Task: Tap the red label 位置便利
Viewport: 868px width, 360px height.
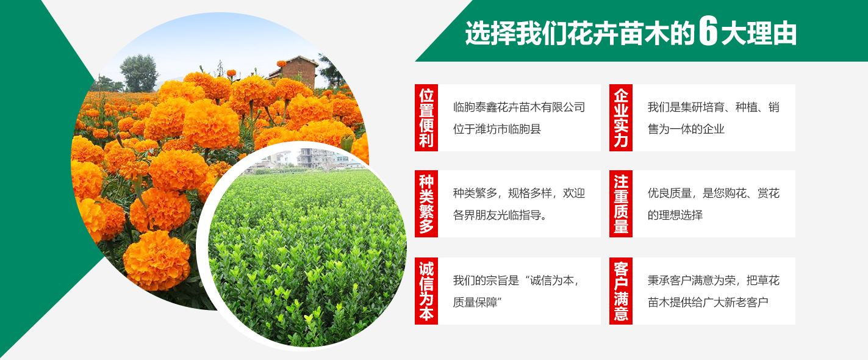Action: pos(426,117)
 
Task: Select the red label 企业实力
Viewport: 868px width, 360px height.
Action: pos(621,117)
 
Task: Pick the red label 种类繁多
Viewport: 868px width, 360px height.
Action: pos(426,203)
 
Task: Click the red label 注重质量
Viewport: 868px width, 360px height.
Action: pos(621,203)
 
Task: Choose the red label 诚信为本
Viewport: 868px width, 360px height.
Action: pos(426,290)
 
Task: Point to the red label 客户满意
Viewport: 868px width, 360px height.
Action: pos(621,290)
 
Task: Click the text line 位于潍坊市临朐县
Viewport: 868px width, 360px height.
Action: pos(497,129)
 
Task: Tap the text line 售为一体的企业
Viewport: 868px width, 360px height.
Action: pos(686,129)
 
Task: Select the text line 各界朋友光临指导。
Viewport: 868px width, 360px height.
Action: pos(500,215)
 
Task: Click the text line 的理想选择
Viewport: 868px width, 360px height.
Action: pos(675,215)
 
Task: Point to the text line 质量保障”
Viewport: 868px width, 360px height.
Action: pos(478,302)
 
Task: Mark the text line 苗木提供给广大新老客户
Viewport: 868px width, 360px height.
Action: pos(708,302)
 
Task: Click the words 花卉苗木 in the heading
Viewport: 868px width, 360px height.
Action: pos(619,33)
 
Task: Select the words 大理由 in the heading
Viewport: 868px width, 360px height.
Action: pos(758,33)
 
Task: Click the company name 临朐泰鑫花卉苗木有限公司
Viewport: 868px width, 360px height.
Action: pos(519,107)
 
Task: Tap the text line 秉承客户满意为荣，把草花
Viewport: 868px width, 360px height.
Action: pos(714,280)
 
